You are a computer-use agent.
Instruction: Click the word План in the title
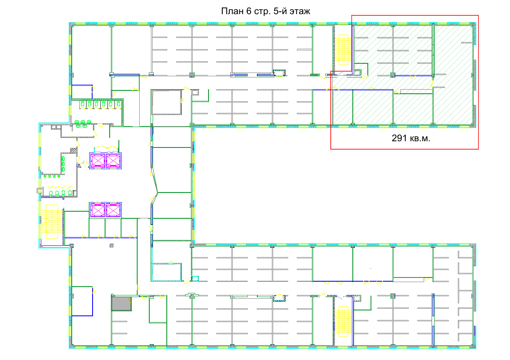(x=232, y=11)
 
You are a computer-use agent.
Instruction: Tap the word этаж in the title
(x=300, y=11)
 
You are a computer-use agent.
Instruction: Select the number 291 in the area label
(x=399, y=138)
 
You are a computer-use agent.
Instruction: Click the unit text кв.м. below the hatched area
(x=420, y=139)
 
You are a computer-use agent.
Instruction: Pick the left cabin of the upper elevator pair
(x=98, y=161)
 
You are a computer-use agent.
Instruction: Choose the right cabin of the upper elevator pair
(x=113, y=161)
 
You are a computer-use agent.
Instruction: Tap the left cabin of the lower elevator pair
(x=98, y=210)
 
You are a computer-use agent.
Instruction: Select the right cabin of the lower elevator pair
(x=113, y=210)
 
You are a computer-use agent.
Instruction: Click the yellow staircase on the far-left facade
(x=52, y=222)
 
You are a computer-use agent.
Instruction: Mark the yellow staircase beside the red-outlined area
(x=343, y=50)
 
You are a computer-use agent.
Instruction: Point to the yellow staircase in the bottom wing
(x=343, y=321)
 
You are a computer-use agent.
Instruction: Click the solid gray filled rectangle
(x=121, y=304)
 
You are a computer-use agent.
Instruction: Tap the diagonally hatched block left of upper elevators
(x=73, y=150)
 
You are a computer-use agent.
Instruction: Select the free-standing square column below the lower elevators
(x=112, y=245)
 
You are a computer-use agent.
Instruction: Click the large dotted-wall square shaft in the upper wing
(x=166, y=102)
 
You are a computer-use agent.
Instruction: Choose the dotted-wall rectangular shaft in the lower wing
(x=166, y=272)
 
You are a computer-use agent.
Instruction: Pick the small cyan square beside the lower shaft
(x=195, y=278)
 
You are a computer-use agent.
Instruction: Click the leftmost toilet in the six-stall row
(x=83, y=104)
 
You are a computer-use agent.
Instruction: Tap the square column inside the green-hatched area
(x=393, y=75)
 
